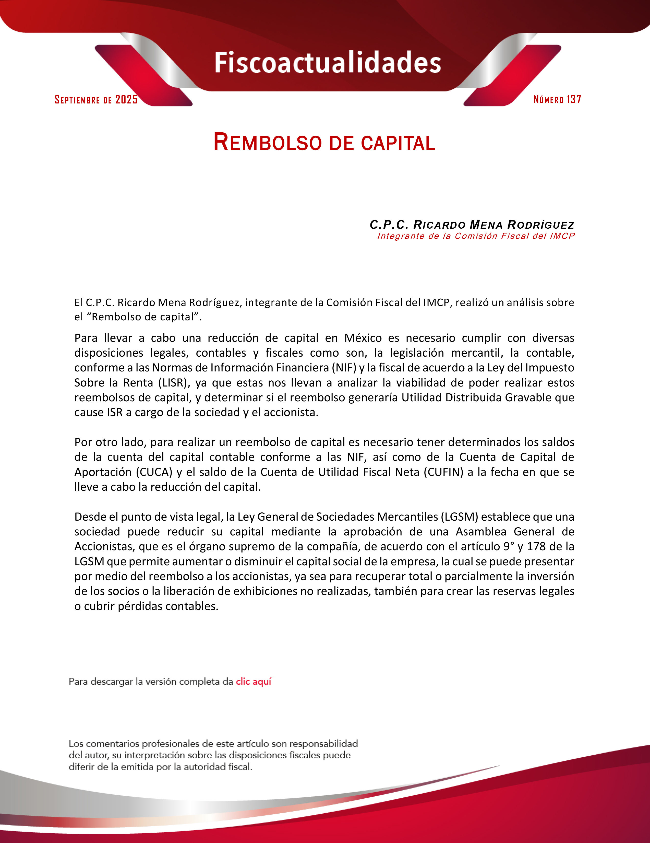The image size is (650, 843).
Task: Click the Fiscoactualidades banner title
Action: pos(328,63)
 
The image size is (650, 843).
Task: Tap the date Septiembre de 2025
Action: pos(96,100)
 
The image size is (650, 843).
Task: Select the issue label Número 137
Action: pos(557,100)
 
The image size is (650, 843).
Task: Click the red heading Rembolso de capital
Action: pos(324,143)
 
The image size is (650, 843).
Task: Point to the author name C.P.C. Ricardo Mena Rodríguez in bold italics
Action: pos(472,225)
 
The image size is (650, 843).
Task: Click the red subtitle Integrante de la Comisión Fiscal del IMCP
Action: pos(476,236)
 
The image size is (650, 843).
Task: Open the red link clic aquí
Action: pos(254,682)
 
